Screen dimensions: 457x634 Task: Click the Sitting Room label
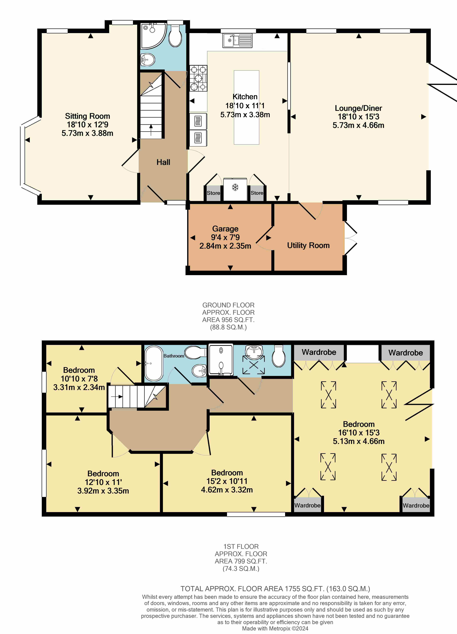(87, 116)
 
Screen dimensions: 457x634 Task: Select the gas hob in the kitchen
(198, 78)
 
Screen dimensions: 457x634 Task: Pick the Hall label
(163, 162)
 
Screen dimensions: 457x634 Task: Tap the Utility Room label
(308, 245)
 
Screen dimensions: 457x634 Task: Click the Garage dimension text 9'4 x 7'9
(225, 237)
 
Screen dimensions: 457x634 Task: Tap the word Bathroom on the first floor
(174, 356)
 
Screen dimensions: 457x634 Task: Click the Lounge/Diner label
(358, 108)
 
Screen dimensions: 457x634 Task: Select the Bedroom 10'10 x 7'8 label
(79, 378)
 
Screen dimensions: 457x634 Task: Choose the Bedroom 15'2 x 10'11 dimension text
(227, 481)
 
